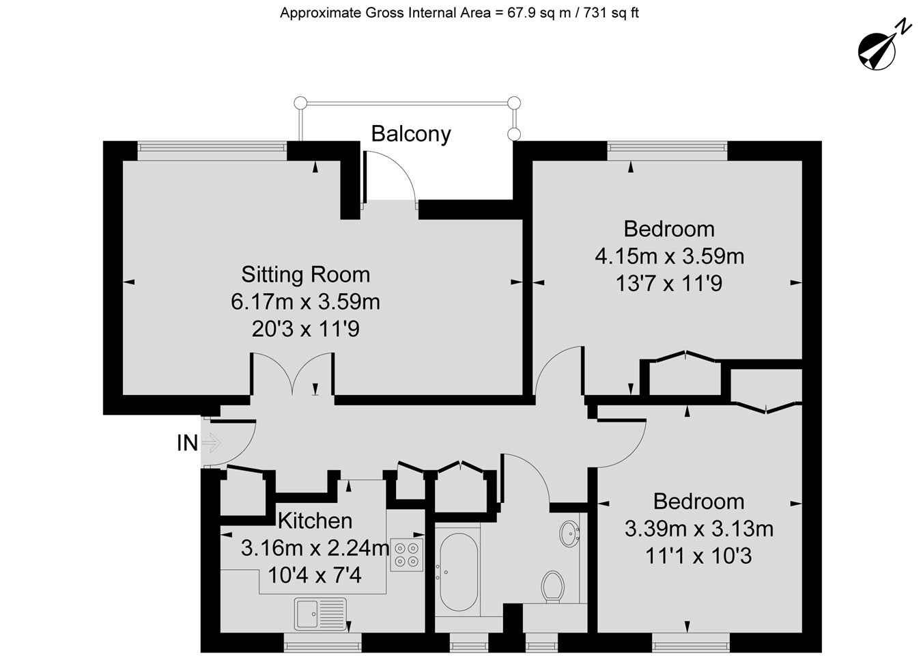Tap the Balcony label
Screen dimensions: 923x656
point(411,133)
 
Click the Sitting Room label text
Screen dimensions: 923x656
point(305,274)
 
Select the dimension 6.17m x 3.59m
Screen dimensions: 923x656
point(305,302)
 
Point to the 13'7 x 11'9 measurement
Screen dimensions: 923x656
point(669,284)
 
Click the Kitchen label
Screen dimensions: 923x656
point(315,521)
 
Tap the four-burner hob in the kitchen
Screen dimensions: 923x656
point(407,555)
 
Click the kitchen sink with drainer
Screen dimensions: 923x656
point(320,614)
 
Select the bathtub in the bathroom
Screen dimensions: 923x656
point(459,572)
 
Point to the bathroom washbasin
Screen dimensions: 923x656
point(570,534)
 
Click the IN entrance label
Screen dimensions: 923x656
point(188,443)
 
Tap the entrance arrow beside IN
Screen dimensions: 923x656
point(212,443)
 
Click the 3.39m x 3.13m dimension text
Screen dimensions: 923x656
point(699,529)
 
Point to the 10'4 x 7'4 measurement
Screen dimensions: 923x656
point(315,575)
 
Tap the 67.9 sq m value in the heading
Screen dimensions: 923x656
point(539,13)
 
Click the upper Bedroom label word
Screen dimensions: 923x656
point(669,229)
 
